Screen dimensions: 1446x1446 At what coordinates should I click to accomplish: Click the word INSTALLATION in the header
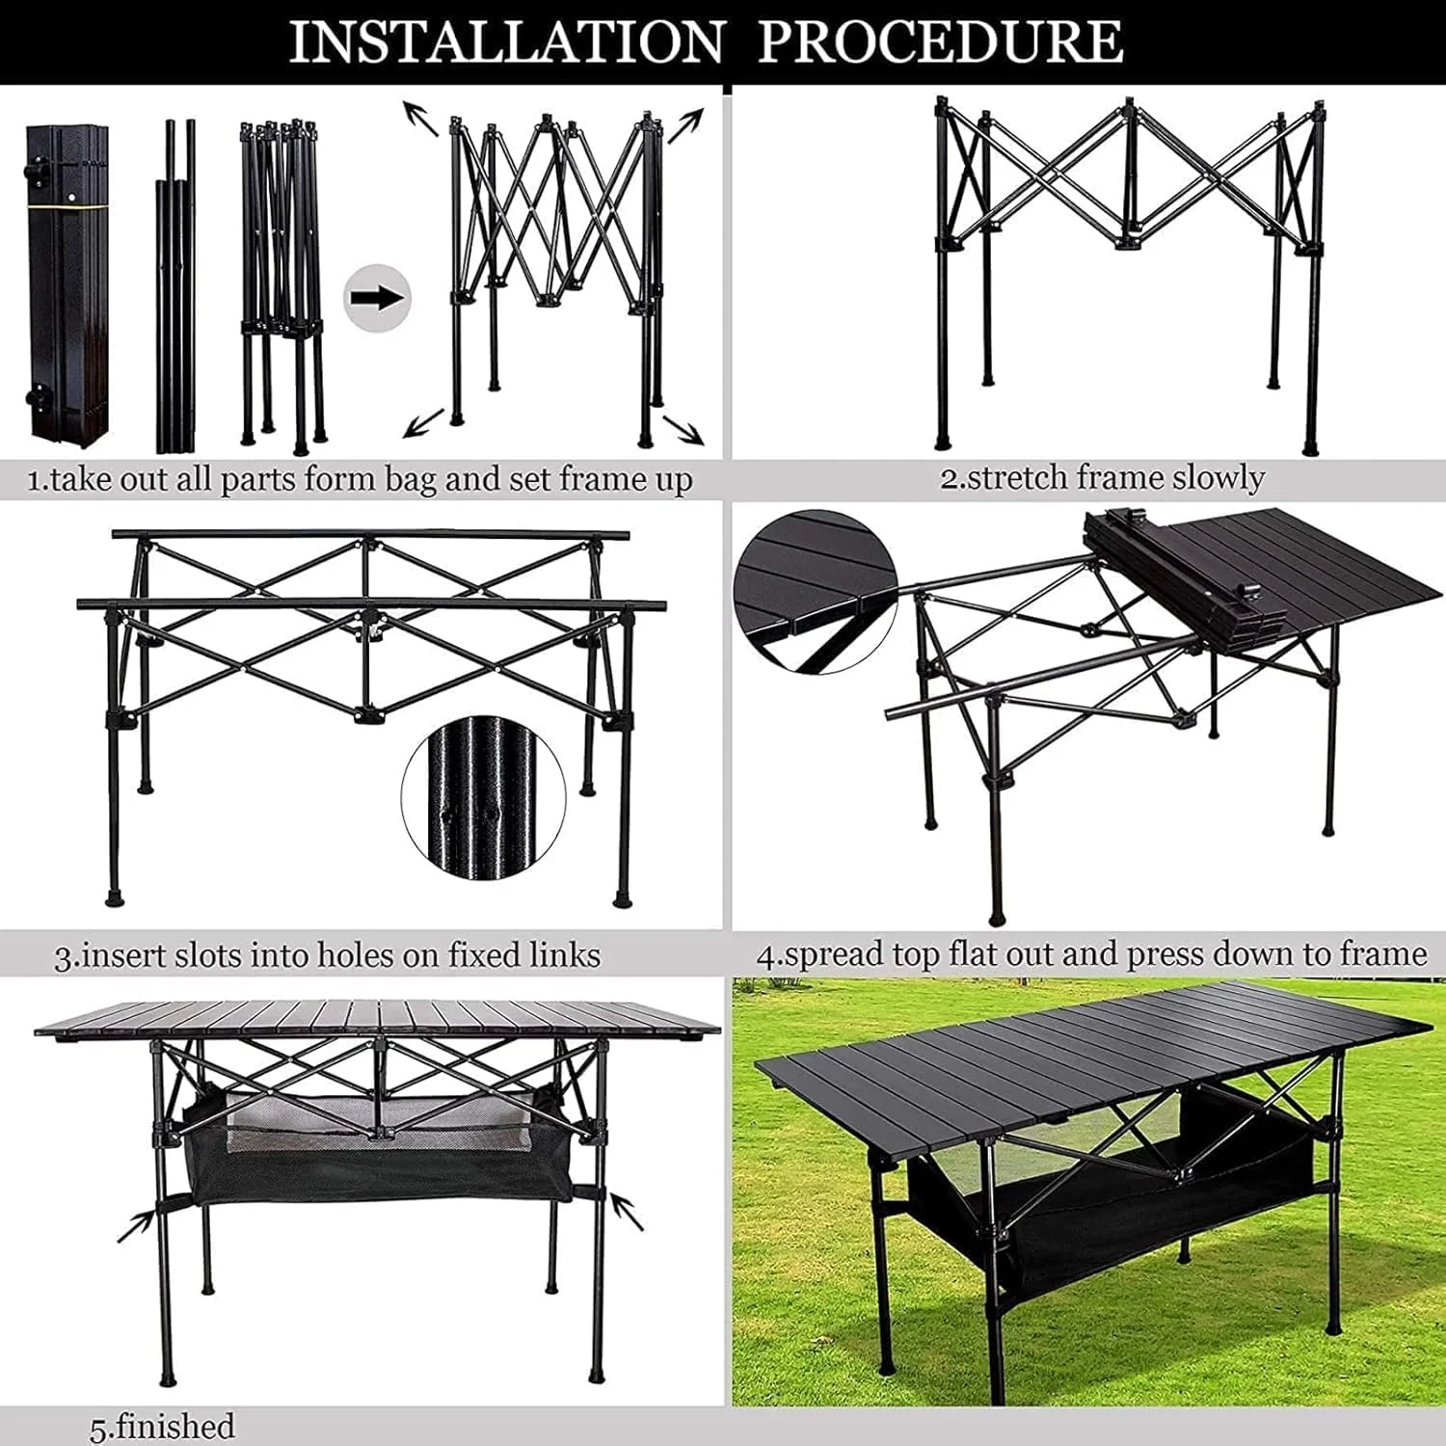coord(507,42)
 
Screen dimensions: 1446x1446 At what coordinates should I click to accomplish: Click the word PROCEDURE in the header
coord(940,42)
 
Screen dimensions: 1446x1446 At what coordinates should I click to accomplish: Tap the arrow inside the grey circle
coord(377,298)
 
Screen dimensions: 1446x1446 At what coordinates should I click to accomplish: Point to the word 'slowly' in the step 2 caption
coord(1218,478)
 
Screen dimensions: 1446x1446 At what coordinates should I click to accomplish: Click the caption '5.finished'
coord(162,1426)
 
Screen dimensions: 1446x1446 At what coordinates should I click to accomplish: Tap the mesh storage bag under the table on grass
coord(1109,1186)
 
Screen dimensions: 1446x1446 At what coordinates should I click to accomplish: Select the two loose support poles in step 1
coord(175,286)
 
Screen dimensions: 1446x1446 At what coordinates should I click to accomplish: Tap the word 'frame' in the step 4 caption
coord(1380,954)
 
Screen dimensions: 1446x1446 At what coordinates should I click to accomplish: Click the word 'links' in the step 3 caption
coord(565,955)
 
